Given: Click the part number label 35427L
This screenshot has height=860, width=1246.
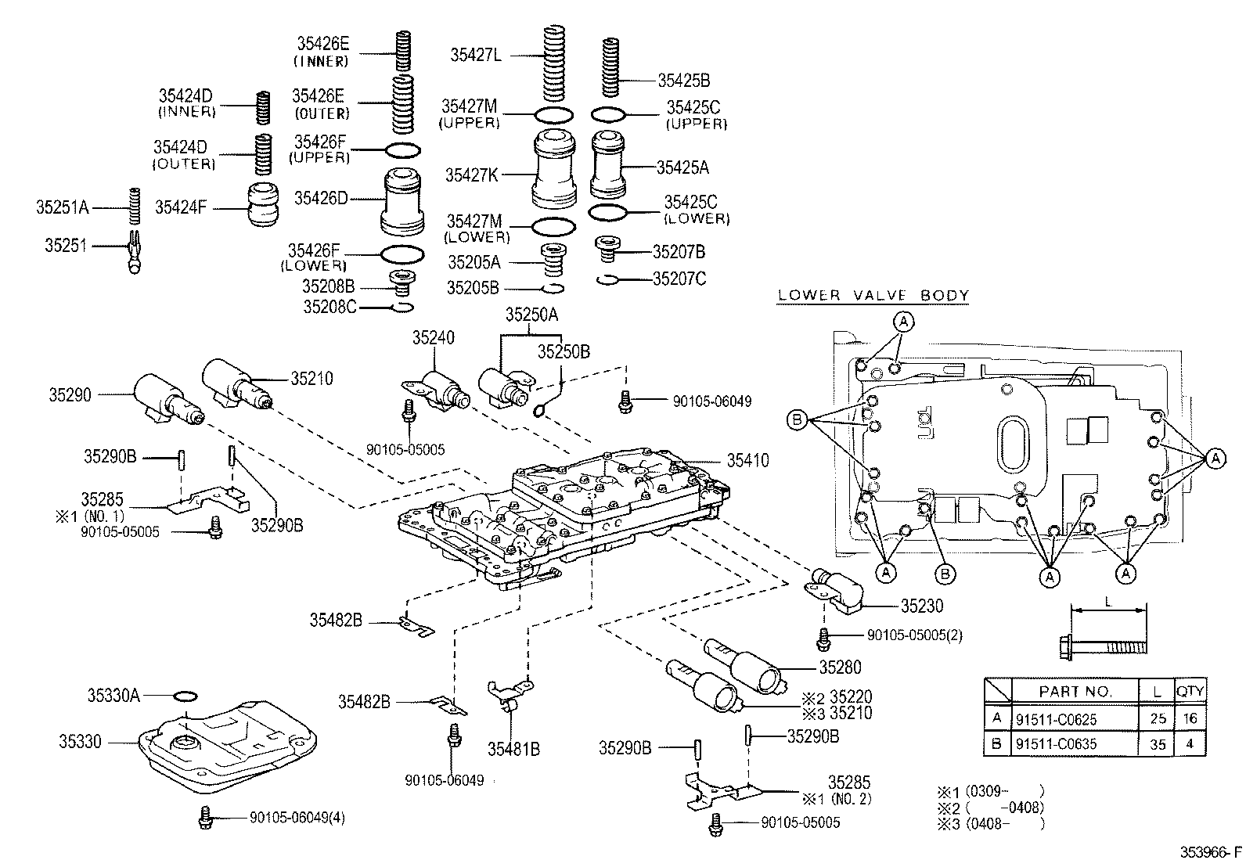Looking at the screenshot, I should (x=475, y=55).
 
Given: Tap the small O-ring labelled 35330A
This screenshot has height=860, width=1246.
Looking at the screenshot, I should (x=185, y=695).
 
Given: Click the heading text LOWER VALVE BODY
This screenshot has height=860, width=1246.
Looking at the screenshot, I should (x=873, y=296).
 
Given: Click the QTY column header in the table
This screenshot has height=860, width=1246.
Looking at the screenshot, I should (x=1190, y=691).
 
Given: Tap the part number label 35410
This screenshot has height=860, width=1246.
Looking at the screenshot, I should (x=747, y=461).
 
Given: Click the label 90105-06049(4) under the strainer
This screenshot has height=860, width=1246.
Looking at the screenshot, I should (x=297, y=818).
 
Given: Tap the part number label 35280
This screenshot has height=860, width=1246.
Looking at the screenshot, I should (x=840, y=667).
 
